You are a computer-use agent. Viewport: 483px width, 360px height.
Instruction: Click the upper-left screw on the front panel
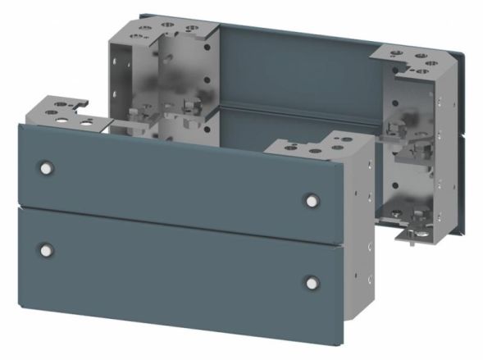tap(45, 167)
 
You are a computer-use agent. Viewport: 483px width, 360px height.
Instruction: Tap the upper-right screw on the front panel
tap(311, 199)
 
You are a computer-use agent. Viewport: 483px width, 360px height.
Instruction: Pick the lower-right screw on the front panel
tap(311, 283)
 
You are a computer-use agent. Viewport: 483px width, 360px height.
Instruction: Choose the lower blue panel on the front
tap(180, 262)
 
